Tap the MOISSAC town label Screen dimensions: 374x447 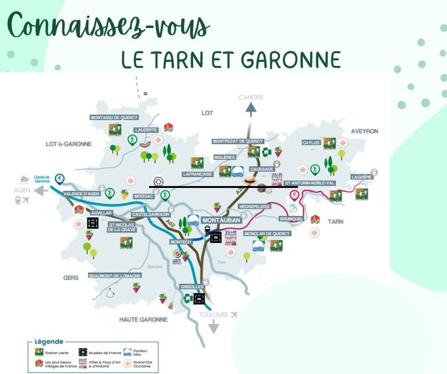click(144, 197)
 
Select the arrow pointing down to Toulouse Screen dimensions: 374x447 click(214, 327)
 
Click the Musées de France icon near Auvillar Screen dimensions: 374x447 click(93, 223)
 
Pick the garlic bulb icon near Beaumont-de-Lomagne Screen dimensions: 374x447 click(110, 293)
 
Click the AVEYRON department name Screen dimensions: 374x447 click(364, 131)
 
